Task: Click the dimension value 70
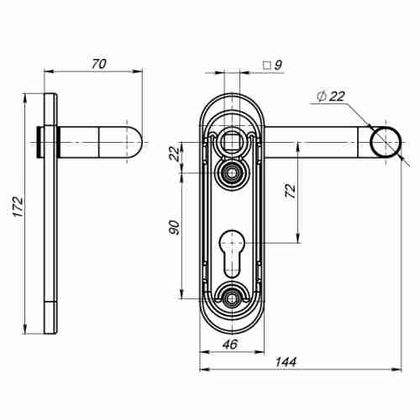tap(98, 63)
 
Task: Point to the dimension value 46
tap(229, 344)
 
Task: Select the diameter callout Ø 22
tap(332, 97)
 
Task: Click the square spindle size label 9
tap(277, 64)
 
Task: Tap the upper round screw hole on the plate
tap(229, 172)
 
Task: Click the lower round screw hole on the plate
tap(229, 297)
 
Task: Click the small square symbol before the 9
tap(265, 64)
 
